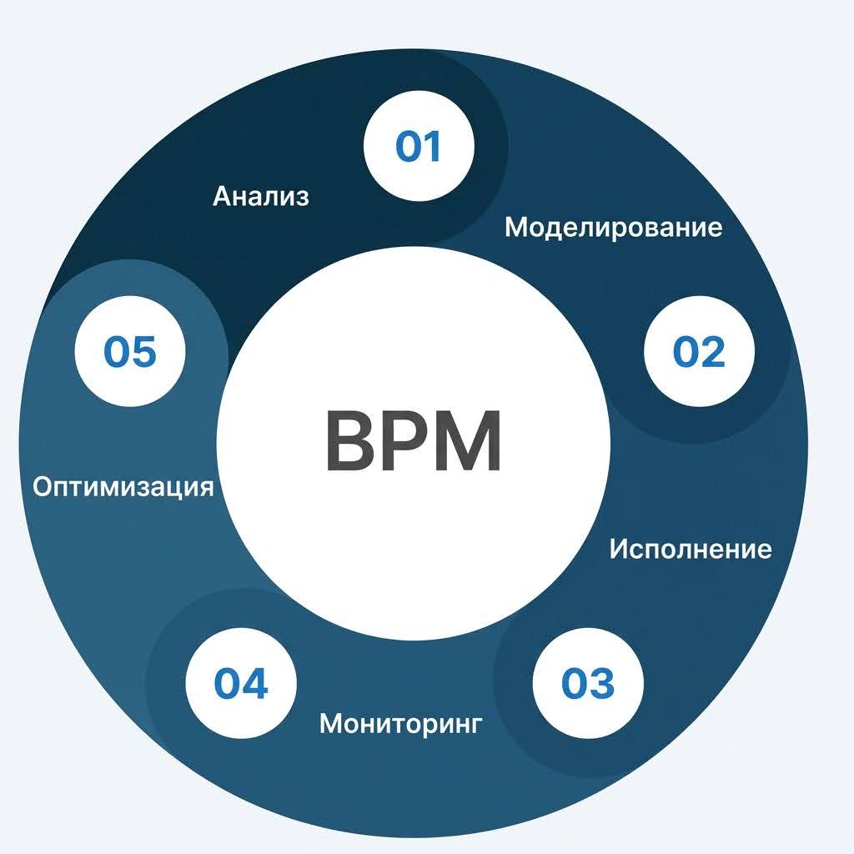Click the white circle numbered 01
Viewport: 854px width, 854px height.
[419, 147]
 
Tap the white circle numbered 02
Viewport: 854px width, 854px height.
[699, 352]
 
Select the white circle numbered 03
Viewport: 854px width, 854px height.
[587, 684]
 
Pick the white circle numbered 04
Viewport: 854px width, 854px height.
[241, 685]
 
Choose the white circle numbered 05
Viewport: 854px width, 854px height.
[129, 351]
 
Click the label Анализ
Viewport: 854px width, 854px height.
[261, 197]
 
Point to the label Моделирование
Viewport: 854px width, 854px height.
[614, 227]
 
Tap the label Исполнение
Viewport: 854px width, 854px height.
[691, 550]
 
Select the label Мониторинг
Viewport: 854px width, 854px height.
[401, 723]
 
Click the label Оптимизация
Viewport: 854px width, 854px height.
[123, 486]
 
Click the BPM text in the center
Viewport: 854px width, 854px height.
[413, 441]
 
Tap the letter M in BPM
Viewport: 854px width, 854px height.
[469, 442]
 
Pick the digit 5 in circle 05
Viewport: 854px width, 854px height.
[143, 351]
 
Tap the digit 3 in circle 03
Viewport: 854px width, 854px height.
[601, 684]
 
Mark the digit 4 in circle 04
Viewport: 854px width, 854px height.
[254, 685]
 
